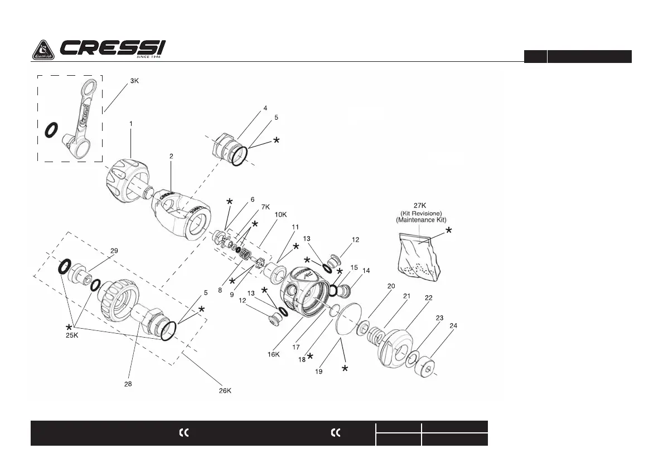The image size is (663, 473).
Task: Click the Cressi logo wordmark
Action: pos(112,49)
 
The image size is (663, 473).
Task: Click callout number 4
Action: pos(265,108)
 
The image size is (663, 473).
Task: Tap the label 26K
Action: pos(225,391)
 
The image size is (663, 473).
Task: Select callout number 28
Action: pos(128,383)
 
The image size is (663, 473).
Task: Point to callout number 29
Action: pos(114,251)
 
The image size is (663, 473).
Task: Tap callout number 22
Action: pos(428,298)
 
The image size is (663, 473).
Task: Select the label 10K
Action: pos(281,214)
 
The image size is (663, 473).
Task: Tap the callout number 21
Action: pos(406,296)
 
